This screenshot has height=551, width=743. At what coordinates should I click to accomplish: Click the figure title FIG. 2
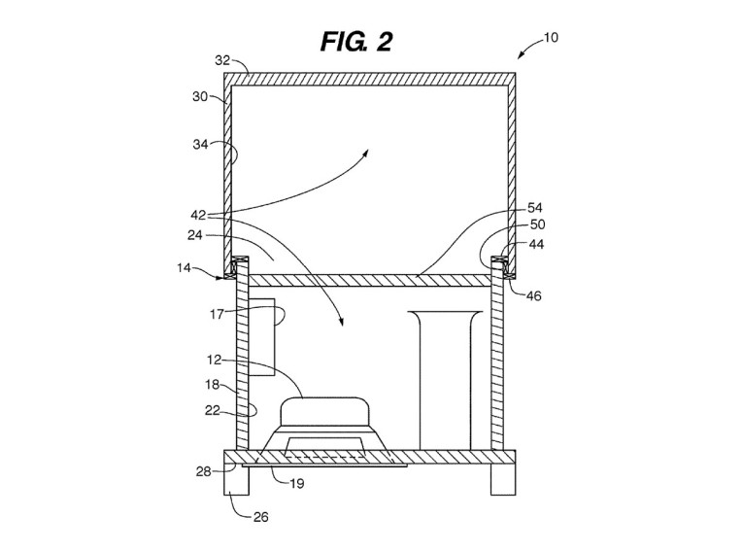coord(356,42)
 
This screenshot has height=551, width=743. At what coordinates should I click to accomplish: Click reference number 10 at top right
coord(551,38)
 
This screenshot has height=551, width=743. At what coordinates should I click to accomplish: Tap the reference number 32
coord(222,60)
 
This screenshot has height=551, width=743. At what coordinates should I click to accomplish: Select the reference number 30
coord(200,97)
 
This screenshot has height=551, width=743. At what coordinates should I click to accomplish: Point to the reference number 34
coord(200,144)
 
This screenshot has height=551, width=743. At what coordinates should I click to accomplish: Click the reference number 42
coord(198,216)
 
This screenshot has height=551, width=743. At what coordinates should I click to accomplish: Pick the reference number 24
coord(195,235)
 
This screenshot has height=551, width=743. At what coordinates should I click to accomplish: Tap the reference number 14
coord(184,268)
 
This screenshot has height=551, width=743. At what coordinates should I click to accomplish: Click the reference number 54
coord(535,208)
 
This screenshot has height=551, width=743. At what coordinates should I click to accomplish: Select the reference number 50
coord(537,224)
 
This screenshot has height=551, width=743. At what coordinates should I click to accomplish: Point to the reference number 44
coord(536,244)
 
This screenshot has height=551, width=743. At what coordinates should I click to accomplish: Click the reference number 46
coord(533,295)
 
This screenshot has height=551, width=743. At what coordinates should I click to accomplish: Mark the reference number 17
coord(217,315)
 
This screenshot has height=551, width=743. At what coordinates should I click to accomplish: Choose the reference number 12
coord(215,360)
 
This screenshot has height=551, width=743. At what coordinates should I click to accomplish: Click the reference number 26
coord(260,517)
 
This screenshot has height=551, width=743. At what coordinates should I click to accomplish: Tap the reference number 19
coord(296,484)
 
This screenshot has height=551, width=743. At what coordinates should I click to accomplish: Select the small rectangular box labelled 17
coord(261,337)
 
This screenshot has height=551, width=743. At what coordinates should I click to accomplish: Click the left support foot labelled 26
coord(236,479)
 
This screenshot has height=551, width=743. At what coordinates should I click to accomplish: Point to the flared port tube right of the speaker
coord(445,380)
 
